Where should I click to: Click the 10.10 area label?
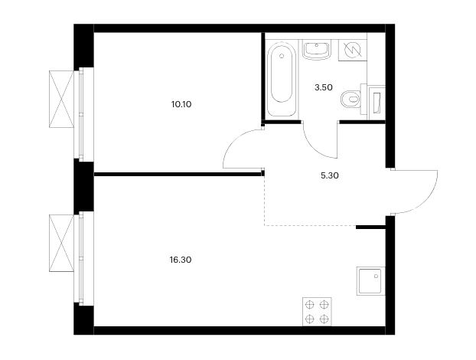click(x=181, y=104)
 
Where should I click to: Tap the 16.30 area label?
click(x=181, y=260)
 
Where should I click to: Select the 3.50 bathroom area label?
click(x=324, y=87)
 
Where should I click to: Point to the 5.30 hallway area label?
click(x=330, y=175)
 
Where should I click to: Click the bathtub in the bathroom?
click(x=282, y=80)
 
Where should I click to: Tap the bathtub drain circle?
click(x=282, y=56)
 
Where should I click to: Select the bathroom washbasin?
click(x=317, y=50)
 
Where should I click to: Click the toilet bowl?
click(x=350, y=99)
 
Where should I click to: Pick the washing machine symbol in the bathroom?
click(x=353, y=50)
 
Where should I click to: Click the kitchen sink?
click(x=370, y=281)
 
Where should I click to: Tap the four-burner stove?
click(x=317, y=312)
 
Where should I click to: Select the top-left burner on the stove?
click(x=309, y=304)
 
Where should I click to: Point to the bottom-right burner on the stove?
click(x=324, y=319)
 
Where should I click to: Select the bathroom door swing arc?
click(x=315, y=149)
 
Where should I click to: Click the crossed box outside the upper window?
click(x=62, y=99)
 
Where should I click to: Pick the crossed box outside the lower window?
click(x=62, y=243)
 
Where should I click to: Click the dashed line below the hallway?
click(x=310, y=225)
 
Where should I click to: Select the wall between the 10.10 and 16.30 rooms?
click(x=178, y=175)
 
